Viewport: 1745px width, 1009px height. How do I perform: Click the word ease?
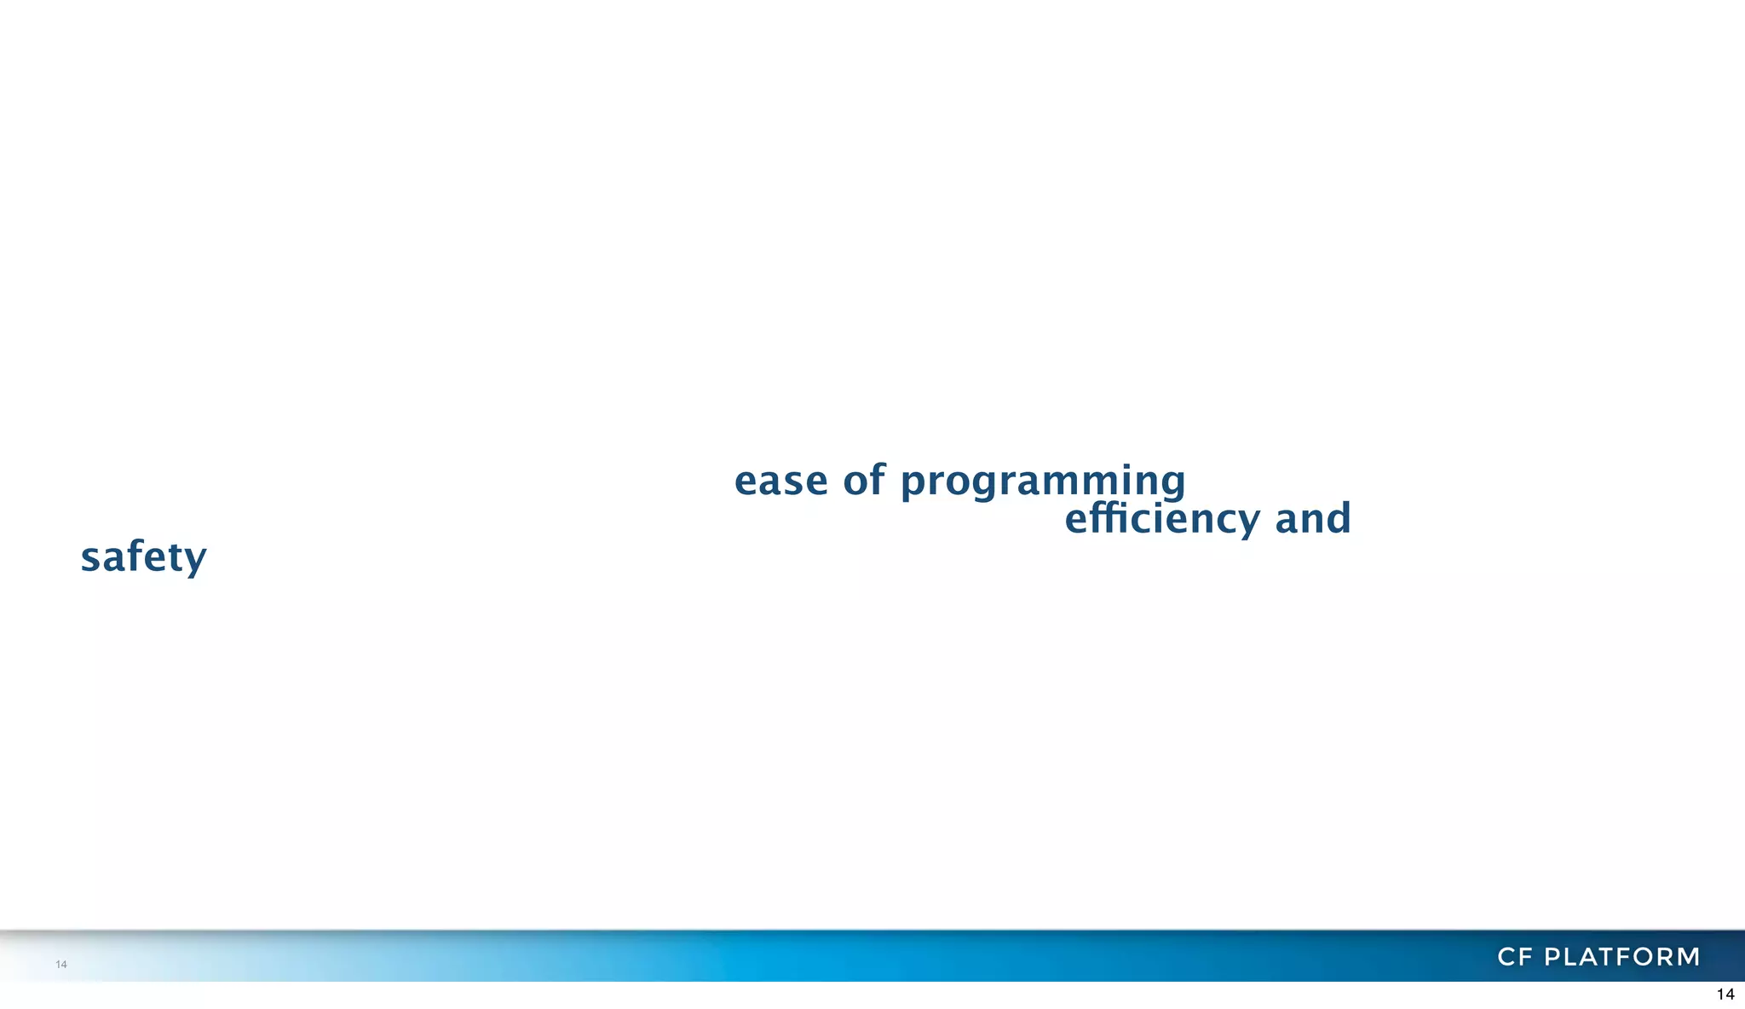click(x=780, y=481)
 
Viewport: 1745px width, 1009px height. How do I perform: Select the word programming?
click(x=1043, y=482)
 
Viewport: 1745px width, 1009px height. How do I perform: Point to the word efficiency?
click(x=1162, y=519)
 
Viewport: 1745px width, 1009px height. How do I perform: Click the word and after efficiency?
click(x=1313, y=518)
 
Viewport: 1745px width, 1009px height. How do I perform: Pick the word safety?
click(x=143, y=557)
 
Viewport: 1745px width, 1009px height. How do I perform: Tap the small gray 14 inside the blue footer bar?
click(x=61, y=964)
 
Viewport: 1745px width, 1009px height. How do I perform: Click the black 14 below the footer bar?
click(x=1725, y=995)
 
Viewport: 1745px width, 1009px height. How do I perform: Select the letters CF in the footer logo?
click(x=1516, y=957)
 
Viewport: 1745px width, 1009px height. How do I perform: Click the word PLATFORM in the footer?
click(x=1622, y=957)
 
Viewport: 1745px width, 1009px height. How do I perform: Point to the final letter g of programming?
click(x=1172, y=484)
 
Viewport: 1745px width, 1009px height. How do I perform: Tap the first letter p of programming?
click(x=913, y=484)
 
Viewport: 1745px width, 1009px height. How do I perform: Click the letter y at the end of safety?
click(x=196, y=561)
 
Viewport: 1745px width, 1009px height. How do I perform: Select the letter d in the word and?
click(x=1339, y=517)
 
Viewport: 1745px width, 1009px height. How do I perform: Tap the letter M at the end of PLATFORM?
click(x=1687, y=957)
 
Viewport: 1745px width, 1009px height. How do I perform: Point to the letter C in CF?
click(x=1507, y=957)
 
